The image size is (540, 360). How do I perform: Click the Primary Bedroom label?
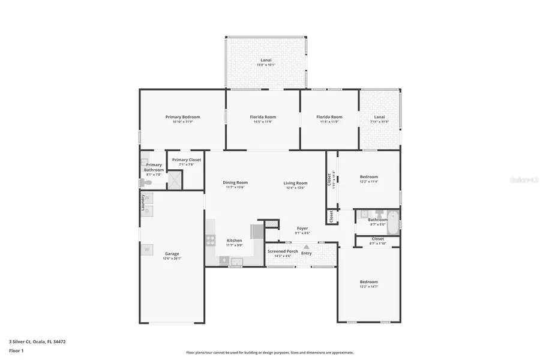183,117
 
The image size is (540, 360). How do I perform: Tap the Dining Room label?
235,182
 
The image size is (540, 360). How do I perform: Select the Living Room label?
295,182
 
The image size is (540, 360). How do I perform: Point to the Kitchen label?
234,240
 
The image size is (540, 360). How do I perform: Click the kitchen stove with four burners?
211,240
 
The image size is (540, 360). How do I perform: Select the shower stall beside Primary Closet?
175,179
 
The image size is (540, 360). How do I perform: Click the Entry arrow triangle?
306,246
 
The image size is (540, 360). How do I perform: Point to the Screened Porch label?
283,251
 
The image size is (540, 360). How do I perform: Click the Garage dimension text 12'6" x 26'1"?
172,259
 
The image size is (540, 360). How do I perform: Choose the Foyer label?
302,228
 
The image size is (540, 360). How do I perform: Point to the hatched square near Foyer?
272,223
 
